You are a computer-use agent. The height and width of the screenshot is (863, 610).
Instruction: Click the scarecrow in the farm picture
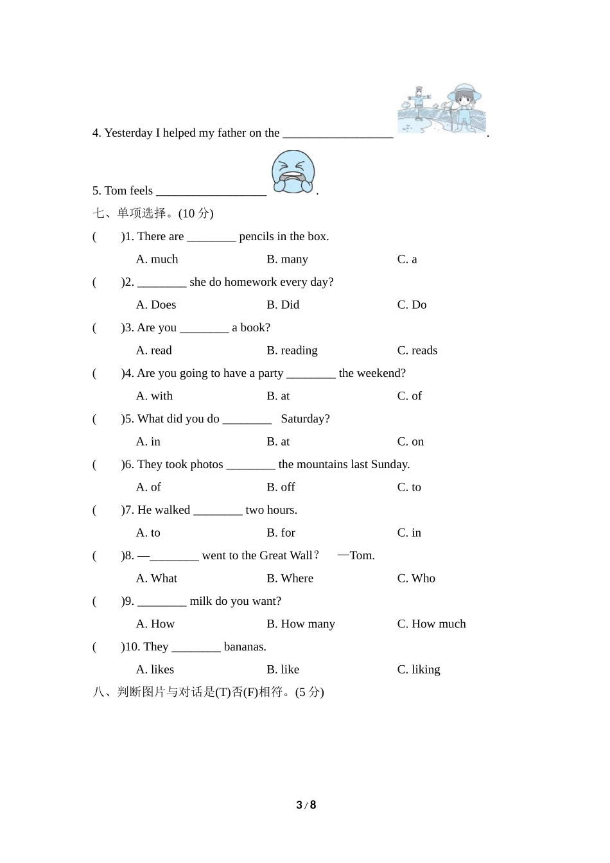419,102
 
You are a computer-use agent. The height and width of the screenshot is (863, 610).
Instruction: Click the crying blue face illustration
293,172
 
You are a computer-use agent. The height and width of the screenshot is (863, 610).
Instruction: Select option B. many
287,259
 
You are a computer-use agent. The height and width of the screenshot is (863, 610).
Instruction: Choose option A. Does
156,305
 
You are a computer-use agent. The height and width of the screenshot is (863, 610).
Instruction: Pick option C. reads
417,351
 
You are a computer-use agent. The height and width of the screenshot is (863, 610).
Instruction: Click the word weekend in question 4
379,373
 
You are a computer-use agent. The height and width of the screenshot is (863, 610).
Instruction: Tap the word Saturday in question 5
305,419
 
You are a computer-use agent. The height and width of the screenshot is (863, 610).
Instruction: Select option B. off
281,487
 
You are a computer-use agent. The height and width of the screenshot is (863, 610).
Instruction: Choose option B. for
281,533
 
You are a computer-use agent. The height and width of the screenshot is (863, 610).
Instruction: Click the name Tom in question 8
362,555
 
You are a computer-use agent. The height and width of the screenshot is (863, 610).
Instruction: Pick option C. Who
416,579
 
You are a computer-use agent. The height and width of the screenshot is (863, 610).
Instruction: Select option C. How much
431,624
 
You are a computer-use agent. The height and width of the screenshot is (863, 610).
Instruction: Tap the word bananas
245,647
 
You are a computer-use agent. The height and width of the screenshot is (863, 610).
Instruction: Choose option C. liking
419,670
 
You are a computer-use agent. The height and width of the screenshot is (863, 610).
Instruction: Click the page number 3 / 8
306,805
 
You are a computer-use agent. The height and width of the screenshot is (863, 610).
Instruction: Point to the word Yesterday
128,133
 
